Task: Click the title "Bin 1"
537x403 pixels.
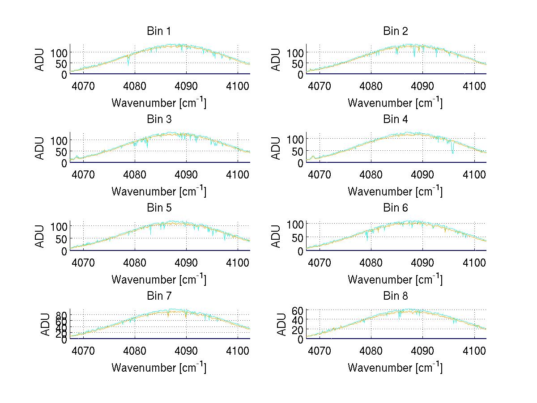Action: (158, 31)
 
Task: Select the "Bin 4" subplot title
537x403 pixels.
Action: (395, 119)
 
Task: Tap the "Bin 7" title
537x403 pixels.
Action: (158, 296)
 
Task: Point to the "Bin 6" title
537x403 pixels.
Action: (395, 208)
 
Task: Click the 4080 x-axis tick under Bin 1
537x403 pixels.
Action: (135, 85)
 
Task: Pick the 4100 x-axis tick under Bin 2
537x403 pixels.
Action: (474, 85)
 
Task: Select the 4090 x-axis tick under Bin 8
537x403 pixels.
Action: (422, 350)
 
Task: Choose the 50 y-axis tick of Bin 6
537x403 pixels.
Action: (297, 238)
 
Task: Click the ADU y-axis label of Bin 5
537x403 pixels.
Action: (40, 236)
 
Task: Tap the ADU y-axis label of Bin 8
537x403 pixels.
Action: (277, 324)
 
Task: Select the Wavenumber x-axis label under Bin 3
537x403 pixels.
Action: (158, 191)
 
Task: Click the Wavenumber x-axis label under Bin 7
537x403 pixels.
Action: (158, 367)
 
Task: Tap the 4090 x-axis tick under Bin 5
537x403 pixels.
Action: (186, 262)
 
